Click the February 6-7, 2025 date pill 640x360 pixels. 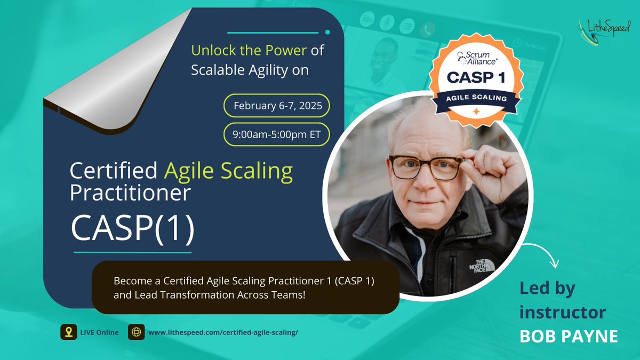coord(277,106)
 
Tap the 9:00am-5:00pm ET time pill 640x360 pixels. coord(277,135)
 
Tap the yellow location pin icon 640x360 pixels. coord(68,332)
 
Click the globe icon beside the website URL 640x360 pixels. coord(137,332)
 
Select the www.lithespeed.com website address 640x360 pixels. coord(223,332)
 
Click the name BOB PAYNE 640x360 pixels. coord(569,336)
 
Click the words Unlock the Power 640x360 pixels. coord(249,51)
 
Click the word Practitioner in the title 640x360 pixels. coord(130,193)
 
